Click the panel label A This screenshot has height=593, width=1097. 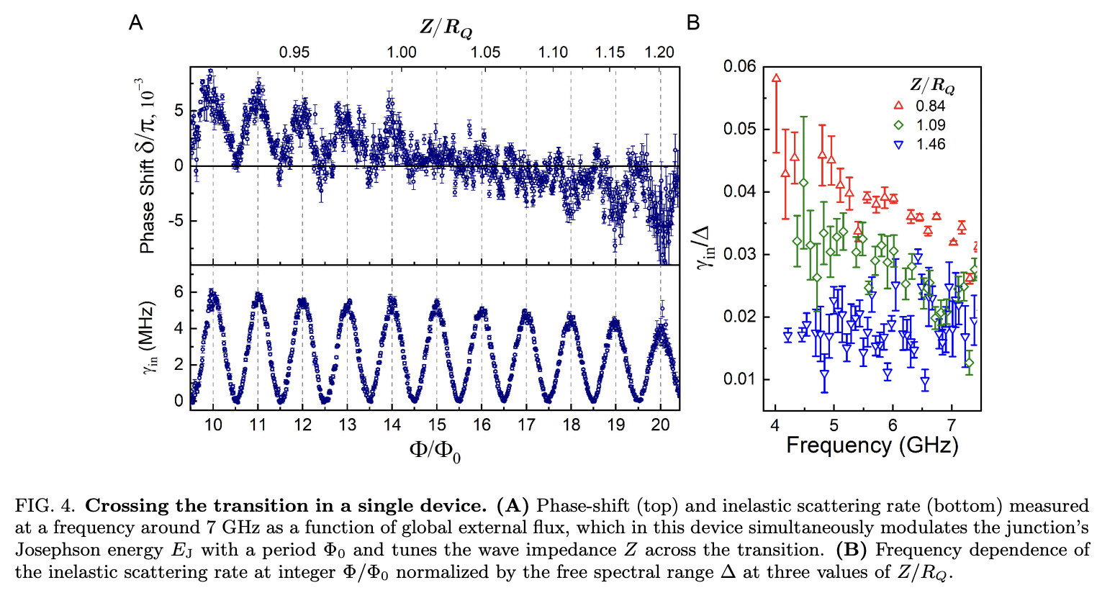point(135,23)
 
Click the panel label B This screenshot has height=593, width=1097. point(693,23)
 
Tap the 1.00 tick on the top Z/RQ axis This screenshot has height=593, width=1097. point(401,53)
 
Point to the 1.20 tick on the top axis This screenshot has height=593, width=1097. point(659,53)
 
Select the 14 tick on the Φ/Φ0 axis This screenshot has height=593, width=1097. point(392,425)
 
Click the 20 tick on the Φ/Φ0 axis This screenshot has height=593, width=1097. point(660,425)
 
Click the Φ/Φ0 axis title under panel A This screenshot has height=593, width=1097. point(435,451)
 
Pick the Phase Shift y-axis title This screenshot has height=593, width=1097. point(146,166)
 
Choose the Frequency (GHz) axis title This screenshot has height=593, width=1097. point(872,445)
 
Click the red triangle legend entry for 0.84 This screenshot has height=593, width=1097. point(898,106)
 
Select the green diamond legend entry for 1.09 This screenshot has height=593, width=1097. point(898,125)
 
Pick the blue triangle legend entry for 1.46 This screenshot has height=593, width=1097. point(898,145)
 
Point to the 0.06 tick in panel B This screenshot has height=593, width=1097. point(739,66)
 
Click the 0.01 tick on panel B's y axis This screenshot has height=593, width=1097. point(739,379)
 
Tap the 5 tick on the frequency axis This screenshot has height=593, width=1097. point(834,425)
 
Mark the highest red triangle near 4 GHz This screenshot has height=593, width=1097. point(776,78)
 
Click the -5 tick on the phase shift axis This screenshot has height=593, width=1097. point(176,221)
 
